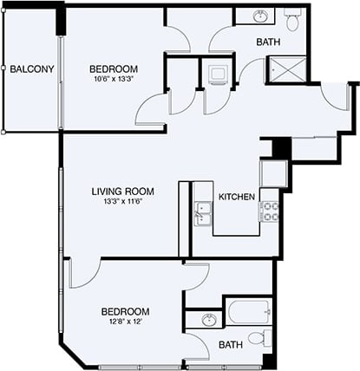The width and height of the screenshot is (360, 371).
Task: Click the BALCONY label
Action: (x=33, y=69)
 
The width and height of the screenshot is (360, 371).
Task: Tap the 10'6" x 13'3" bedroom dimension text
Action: (x=113, y=79)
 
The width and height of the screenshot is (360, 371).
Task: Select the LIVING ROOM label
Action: (x=123, y=192)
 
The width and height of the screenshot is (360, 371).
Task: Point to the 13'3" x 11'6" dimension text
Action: (x=123, y=203)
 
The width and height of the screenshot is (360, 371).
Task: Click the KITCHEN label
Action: (x=236, y=197)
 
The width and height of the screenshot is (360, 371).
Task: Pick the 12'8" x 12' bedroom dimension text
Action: (x=125, y=322)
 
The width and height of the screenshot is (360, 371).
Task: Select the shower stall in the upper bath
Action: (x=282, y=69)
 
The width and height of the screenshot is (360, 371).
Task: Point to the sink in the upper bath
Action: (x=260, y=16)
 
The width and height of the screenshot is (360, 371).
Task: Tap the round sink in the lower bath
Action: (x=208, y=321)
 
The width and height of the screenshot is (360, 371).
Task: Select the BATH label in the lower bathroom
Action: (x=231, y=345)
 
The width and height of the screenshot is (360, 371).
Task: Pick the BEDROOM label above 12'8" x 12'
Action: (x=125, y=311)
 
